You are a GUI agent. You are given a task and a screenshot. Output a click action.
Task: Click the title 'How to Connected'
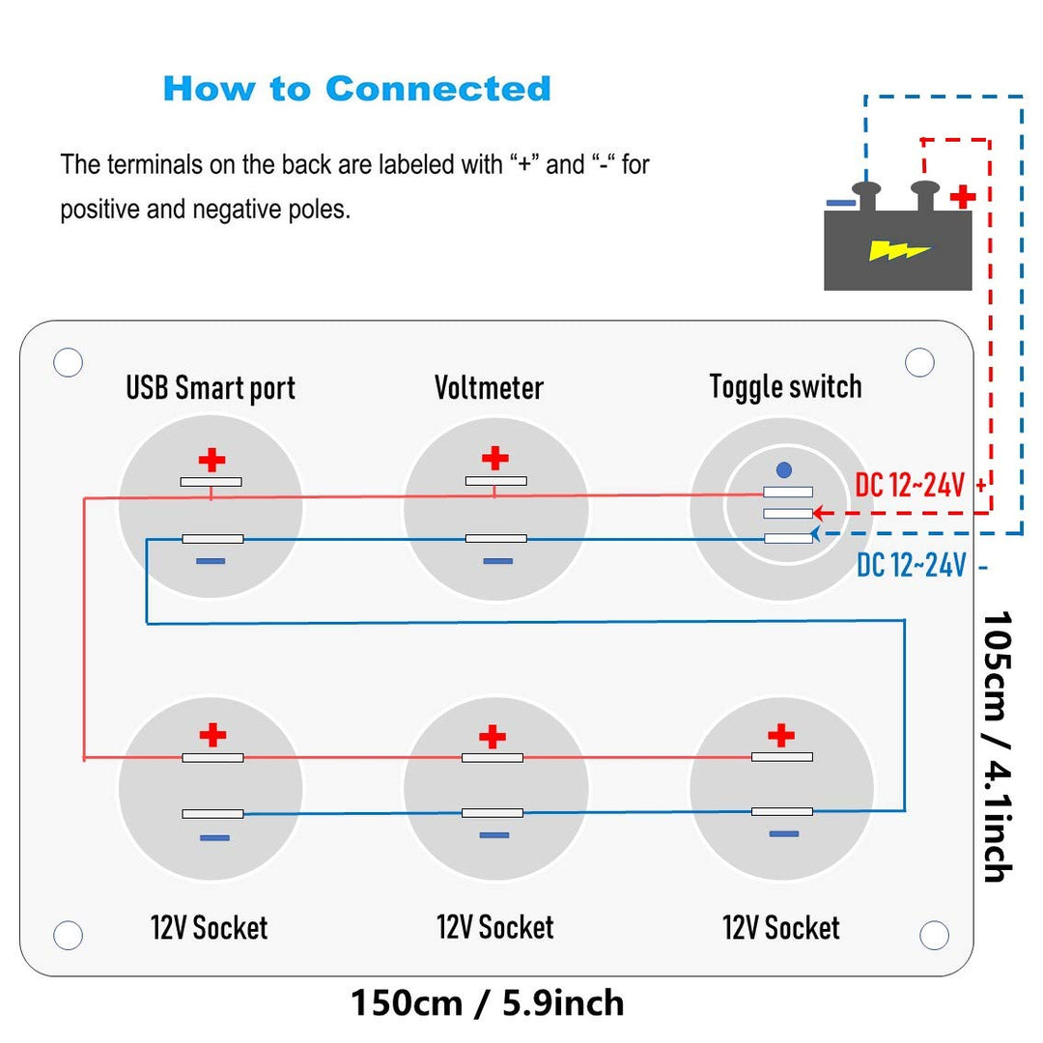356,88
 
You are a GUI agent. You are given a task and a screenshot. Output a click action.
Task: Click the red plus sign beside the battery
962,198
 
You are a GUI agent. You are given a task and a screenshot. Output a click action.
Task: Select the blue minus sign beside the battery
840,203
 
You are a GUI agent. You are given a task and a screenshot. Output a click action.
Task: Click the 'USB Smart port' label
211,388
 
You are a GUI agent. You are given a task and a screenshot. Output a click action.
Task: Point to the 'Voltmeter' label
489,388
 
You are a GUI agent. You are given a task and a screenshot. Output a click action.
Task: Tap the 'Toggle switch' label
785,386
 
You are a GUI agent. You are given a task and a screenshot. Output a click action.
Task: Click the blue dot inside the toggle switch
784,470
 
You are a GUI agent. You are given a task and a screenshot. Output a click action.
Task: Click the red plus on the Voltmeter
494,458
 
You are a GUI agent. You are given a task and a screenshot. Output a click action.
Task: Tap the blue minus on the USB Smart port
211,561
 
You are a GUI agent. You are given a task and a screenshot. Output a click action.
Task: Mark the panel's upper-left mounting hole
68,362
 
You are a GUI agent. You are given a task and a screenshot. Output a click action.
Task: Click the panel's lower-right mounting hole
934,935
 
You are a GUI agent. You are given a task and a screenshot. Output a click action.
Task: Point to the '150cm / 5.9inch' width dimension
487,1002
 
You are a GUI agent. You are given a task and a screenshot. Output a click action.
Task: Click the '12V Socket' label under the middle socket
495,928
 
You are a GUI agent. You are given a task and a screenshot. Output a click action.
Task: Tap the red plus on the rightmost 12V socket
780,736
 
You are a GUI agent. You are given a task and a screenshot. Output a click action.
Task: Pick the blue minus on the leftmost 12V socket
214,837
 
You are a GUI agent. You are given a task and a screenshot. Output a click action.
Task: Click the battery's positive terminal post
925,193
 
